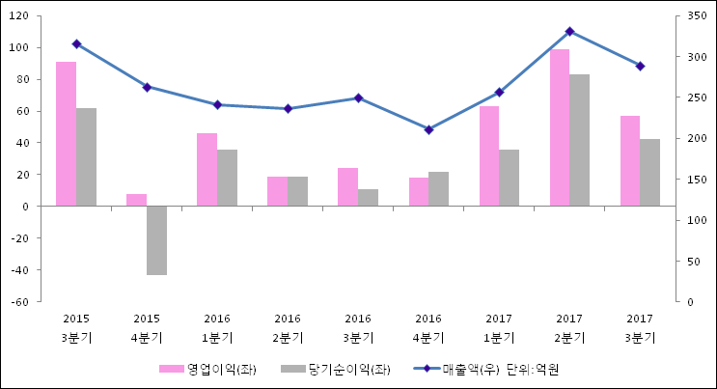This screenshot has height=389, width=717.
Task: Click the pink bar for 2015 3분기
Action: (66, 133)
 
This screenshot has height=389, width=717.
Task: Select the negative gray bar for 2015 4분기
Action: (156, 240)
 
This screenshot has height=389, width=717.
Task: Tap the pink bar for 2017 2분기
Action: (560, 127)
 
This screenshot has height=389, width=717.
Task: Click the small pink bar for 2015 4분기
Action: (136, 200)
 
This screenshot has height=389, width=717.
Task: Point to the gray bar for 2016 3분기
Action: (368, 197)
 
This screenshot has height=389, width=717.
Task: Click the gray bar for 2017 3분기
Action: (649, 172)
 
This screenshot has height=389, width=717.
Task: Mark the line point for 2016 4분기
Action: (428, 129)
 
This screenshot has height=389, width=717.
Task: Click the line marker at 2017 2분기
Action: (569, 32)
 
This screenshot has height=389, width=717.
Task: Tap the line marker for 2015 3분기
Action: (76, 43)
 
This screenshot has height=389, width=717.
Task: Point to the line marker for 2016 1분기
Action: (217, 104)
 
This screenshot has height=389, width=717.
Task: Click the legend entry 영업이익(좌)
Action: (207, 369)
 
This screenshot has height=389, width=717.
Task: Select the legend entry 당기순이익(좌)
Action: (336, 369)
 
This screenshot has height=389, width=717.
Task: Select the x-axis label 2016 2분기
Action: (288, 327)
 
